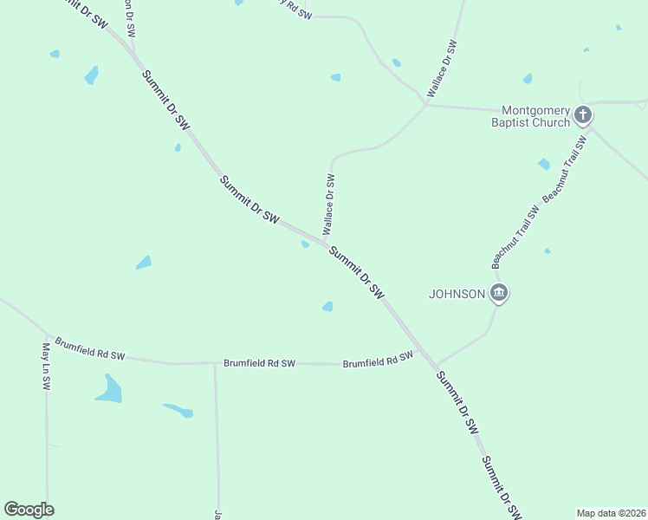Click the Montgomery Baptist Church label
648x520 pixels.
pos(536,116)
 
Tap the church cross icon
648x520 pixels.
pos(583,114)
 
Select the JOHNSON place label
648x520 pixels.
pos(457,294)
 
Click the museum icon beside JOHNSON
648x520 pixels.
pos(498,293)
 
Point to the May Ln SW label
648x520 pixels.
pos(46,366)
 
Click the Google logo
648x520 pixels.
pos(29,510)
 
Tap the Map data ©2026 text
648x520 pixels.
pos(612,513)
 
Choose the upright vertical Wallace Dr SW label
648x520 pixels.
pos(329,205)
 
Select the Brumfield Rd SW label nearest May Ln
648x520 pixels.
pos(90,349)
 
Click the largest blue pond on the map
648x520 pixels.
pos(109,389)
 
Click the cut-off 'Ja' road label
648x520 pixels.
pos(217,514)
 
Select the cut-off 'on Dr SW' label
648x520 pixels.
pos(129,17)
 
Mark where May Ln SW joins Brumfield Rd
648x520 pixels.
pos(46,335)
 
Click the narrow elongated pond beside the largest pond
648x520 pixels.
pos(178,409)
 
